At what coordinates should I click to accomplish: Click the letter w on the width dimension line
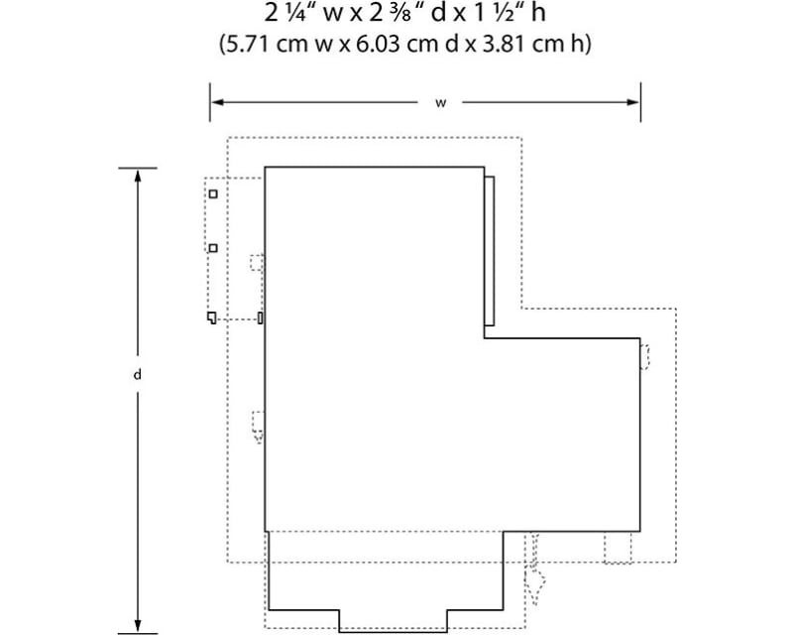coord(441,103)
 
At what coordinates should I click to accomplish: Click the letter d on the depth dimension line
coord(137,375)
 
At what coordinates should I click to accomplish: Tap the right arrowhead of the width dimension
coord(632,102)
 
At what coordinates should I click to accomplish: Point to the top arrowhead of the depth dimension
coord(138,176)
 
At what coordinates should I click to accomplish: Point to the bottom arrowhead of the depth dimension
coord(138,626)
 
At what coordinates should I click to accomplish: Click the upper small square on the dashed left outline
coord(213,193)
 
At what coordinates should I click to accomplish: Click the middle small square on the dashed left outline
coord(213,248)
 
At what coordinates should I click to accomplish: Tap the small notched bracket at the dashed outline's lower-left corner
coord(211,317)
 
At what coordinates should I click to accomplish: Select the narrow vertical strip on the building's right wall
coord(489,251)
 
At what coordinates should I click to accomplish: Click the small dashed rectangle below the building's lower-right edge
coord(618,548)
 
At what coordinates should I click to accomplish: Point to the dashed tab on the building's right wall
coord(645,357)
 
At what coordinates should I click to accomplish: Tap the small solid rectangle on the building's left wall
coord(261,318)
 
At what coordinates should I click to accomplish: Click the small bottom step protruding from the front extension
coord(393,621)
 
